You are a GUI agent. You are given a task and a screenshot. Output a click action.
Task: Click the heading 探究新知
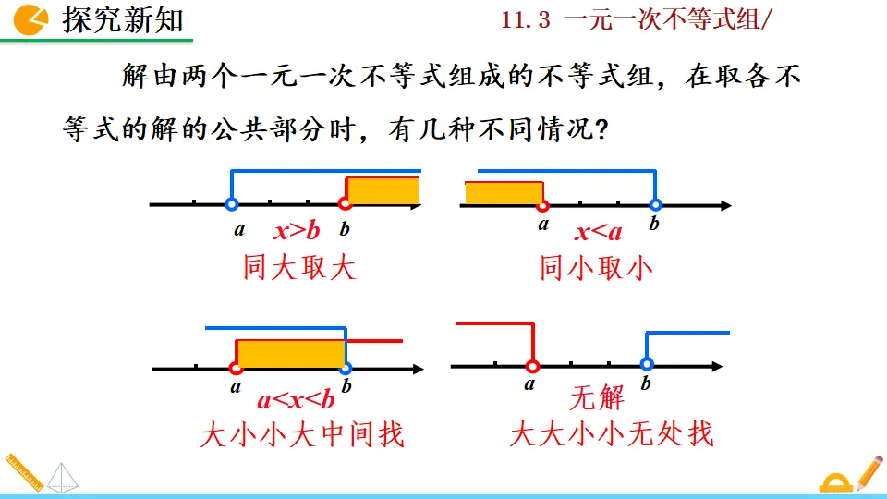click(123, 19)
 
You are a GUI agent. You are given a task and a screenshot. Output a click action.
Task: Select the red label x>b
click(296, 231)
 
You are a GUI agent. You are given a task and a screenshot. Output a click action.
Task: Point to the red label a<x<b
click(296, 400)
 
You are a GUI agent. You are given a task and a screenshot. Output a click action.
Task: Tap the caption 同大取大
click(299, 268)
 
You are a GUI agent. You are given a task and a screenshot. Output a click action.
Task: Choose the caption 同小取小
click(596, 268)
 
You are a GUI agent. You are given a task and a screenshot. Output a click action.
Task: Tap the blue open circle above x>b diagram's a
click(232, 204)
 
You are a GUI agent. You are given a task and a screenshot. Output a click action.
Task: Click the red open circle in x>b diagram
click(346, 204)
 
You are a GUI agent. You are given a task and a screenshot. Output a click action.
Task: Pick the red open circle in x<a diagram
click(542, 205)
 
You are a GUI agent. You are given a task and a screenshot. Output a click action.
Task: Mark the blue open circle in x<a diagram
click(655, 205)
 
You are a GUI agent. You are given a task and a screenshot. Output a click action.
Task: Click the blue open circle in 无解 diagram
click(647, 365)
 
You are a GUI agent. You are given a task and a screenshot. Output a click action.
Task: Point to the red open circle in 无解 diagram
click(532, 366)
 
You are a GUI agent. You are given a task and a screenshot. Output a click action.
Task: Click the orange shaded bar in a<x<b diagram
click(291, 354)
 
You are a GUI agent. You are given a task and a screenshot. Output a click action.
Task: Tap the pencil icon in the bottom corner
click(869, 471)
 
